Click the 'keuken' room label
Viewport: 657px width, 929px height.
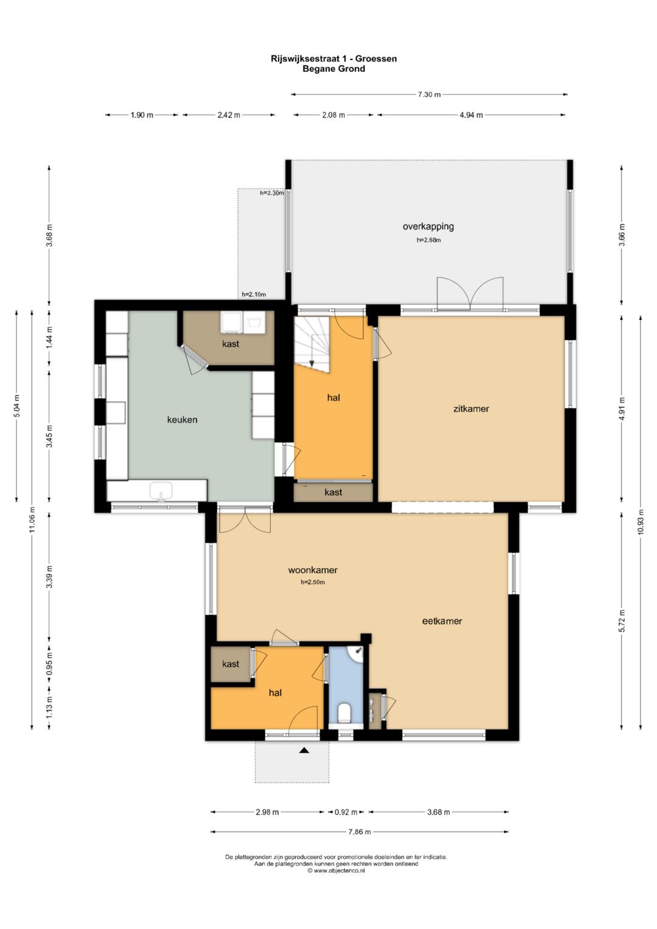tap(182, 420)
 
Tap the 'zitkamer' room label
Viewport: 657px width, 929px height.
tap(471, 408)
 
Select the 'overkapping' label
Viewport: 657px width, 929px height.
tap(428, 226)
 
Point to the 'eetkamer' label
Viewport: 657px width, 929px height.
tap(442, 621)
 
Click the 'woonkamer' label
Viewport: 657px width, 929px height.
tap(313, 570)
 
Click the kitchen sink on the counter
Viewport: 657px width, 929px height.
tap(161, 490)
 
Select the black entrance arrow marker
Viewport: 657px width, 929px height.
tap(304, 750)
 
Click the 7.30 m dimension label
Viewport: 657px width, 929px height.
tap(429, 94)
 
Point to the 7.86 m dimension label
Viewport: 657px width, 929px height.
tap(359, 832)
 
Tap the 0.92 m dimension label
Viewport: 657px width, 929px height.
tap(346, 812)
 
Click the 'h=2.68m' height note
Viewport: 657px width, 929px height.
tap(428, 240)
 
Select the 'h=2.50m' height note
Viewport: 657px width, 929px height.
tap(313, 582)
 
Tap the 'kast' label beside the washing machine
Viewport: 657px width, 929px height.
tap(231, 343)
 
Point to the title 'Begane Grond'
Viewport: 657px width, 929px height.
tap(333, 69)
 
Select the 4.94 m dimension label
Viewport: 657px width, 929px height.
tap(471, 115)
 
